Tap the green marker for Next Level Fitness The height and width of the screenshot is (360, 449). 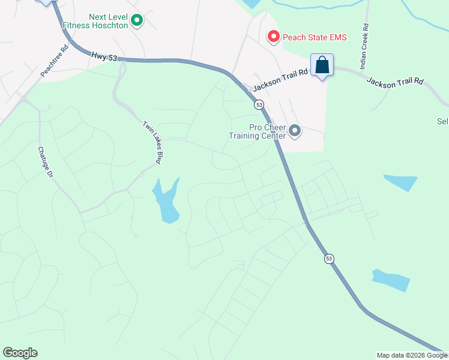coord(137,22)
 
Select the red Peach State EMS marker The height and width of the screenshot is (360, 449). coord(273,37)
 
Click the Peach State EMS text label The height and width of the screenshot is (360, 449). coord(315,37)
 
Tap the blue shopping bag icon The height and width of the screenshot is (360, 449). coord(322,65)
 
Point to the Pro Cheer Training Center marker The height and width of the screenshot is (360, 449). coord(294,131)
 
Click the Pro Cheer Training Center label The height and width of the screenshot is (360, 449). coord(257,131)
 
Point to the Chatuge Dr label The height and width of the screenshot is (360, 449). coord(46,162)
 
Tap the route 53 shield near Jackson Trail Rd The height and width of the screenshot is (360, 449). coord(259,104)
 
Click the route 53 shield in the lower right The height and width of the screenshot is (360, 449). coord(328,259)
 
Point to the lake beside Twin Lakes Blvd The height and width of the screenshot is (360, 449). coord(166,200)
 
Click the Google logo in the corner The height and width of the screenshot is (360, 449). coord(20,353)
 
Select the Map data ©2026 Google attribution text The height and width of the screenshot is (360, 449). coord(412,355)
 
